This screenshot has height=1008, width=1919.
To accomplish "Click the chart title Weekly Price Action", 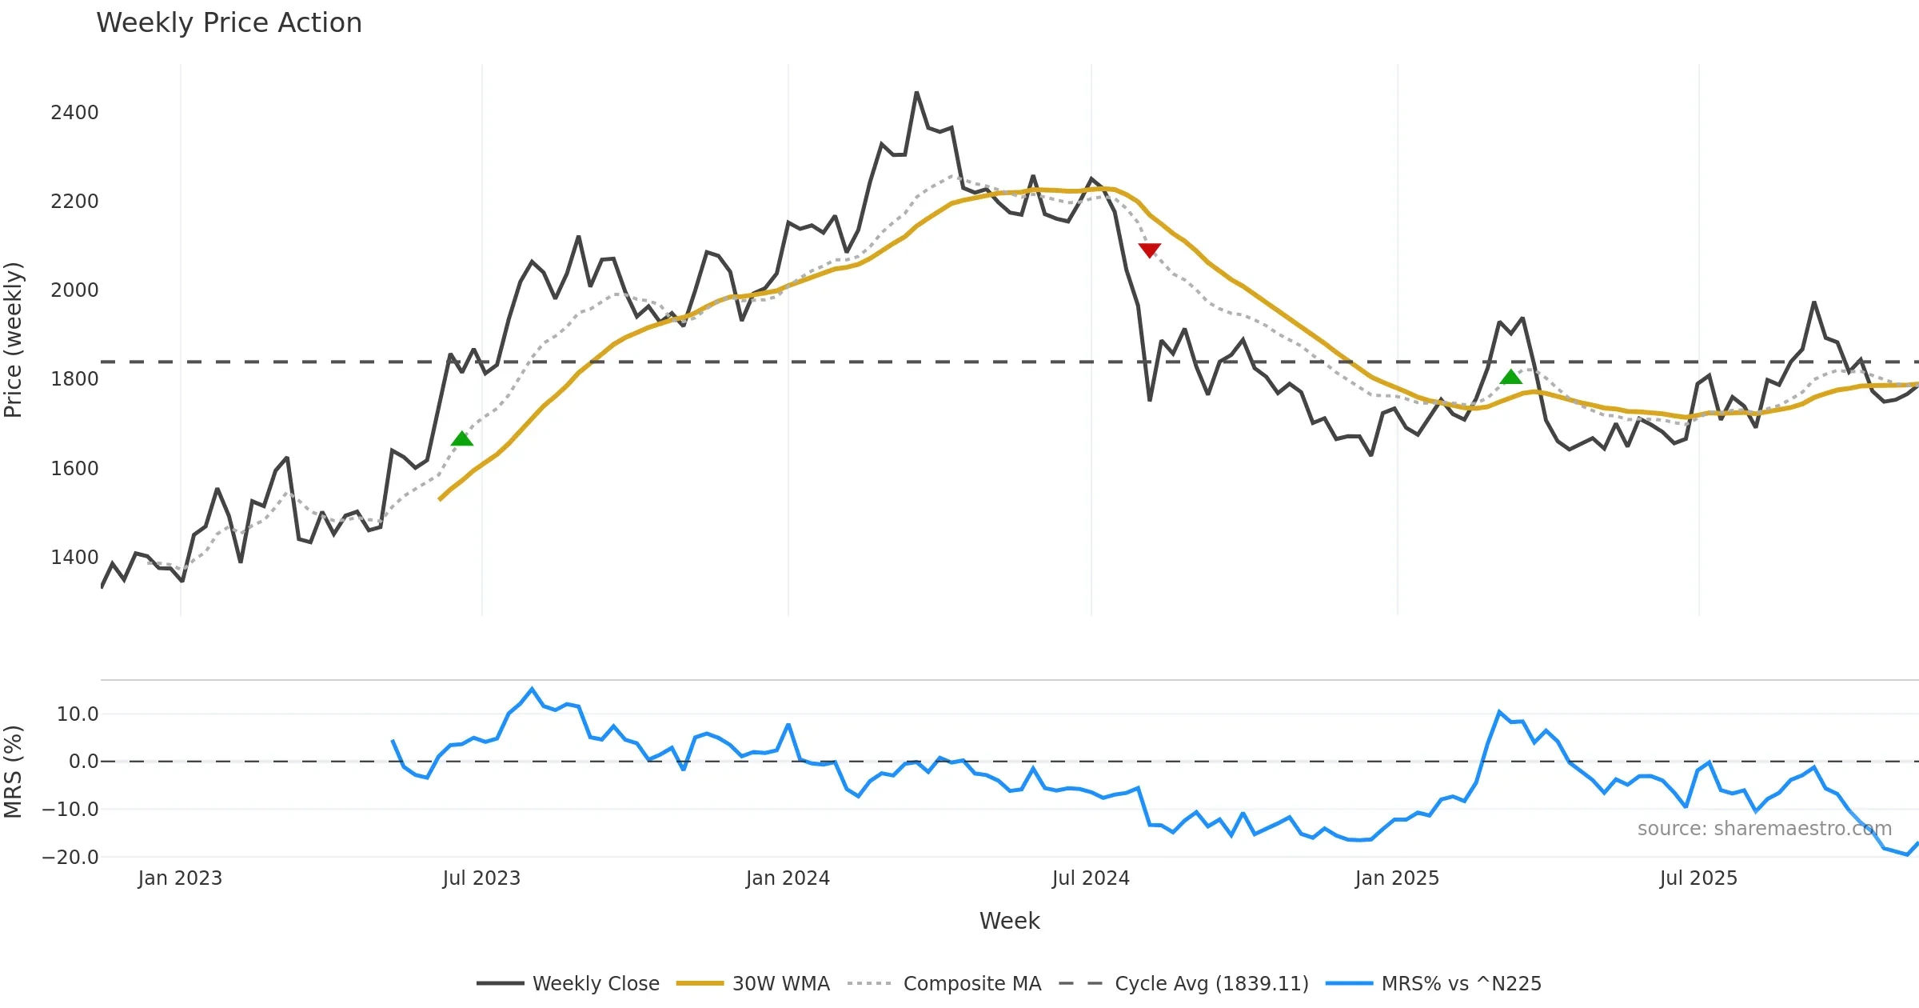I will [x=229, y=22].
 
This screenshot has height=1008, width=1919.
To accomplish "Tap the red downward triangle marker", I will [x=1149, y=250].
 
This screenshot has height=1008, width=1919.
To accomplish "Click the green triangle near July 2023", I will [x=462, y=438].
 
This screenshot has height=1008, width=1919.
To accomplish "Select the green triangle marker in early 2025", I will [x=1510, y=377].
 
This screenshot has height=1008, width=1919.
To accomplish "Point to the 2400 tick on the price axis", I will [x=74, y=113].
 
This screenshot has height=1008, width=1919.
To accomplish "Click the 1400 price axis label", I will [x=74, y=558].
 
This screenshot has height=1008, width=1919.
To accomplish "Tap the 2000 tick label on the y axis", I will [x=74, y=290].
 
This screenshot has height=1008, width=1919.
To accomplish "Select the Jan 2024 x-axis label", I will [x=788, y=878].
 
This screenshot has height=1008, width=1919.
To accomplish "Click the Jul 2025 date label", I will [x=1698, y=878].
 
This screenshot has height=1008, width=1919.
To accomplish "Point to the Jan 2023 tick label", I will [x=180, y=878].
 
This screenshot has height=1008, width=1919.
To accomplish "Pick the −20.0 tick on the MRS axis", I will [x=70, y=858].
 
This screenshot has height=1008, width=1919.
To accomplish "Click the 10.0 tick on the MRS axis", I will [x=78, y=714].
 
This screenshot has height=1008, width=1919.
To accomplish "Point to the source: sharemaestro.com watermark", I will [x=1764, y=829].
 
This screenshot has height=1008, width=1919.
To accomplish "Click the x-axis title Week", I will [x=1009, y=921].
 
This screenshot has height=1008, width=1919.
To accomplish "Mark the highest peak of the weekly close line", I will [x=916, y=93].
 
